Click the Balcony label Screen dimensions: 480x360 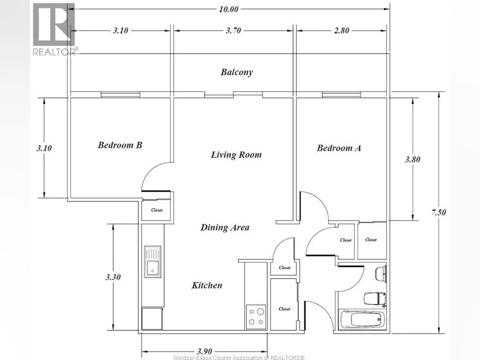click(236, 72)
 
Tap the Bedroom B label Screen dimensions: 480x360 click(119, 145)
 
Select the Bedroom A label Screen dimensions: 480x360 click(339, 148)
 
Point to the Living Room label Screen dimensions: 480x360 click(236, 155)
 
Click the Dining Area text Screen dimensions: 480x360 click(224, 227)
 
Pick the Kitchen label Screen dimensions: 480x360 click(207, 286)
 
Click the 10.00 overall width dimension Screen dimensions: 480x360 click(229, 9)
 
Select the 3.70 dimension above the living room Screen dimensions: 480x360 click(233, 31)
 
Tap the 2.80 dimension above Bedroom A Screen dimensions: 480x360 click(341, 31)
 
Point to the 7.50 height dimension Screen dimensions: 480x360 click(439, 212)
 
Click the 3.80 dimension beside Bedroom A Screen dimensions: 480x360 click(413, 159)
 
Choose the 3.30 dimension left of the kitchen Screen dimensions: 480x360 click(113, 277)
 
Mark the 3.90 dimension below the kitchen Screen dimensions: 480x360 click(205, 352)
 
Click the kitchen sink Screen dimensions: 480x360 click(152, 262)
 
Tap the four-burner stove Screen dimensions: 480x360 click(256, 317)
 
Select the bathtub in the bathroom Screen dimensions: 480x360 click(362, 320)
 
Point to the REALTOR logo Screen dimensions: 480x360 click(54, 29)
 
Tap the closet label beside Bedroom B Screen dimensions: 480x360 click(157, 210)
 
